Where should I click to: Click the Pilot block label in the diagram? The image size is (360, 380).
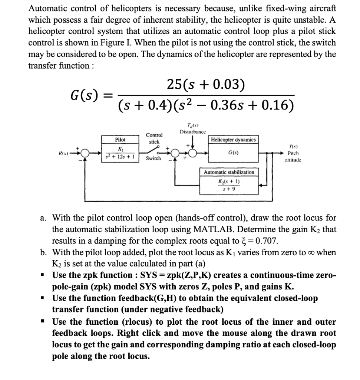pyautogui.click(x=120, y=140)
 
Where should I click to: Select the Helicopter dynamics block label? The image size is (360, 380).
pyautogui.click(x=233, y=140)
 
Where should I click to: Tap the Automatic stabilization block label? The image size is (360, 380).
pyautogui.click(x=229, y=172)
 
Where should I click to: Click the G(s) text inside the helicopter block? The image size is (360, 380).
pyautogui.click(x=232, y=153)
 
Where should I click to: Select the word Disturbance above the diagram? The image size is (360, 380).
pyautogui.click(x=192, y=132)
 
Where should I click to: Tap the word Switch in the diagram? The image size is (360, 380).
pyautogui.click(x=153, y=158)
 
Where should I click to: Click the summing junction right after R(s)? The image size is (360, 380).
pyautogui.click(x=85, y=153)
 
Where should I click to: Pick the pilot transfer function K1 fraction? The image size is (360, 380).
pyautogui.click(x=120, y=153)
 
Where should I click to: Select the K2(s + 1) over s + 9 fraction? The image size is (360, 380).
pyautogui.click(x=229, y=185)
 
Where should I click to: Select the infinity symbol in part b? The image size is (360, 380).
pyautogui.click(x=311, y=253)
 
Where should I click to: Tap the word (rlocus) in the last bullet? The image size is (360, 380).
pyautogui.click(x=137, y=322)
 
